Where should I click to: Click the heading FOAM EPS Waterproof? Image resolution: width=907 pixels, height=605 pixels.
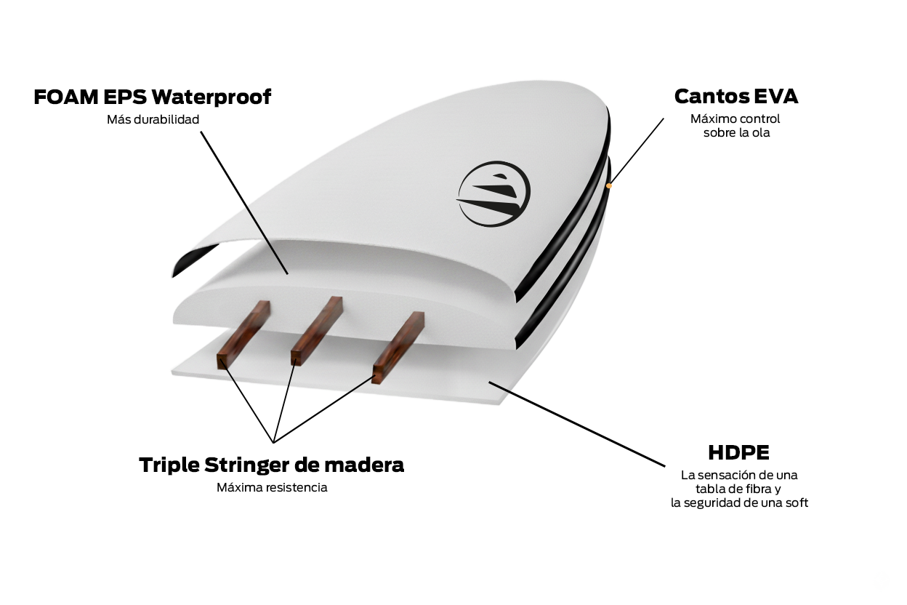click(152, 97)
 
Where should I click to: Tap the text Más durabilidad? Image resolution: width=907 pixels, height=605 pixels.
click(153, 119)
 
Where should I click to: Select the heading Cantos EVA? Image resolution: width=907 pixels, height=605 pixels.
click(736, 97)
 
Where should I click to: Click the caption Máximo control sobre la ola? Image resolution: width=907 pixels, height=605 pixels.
click(735, 126)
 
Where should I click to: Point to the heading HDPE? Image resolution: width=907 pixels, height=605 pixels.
click(738, 452)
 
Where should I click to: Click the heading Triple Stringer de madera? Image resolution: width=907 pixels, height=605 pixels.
click(271, 465)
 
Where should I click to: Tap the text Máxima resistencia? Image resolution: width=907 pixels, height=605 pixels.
click(272, 487)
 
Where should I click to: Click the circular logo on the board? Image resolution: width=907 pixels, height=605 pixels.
click(493, 193)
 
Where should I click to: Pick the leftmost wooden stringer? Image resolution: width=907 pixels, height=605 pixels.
click(243, 334)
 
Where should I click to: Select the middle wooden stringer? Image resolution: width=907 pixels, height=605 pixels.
click(317, 331)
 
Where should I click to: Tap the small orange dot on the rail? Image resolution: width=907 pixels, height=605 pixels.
click(608, 185)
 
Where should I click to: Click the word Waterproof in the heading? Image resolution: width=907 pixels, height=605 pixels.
click(211, 97)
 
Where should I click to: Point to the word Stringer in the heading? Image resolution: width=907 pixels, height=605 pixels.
click(247, 465)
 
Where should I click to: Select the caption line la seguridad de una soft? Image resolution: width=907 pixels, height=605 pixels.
click(739, 503)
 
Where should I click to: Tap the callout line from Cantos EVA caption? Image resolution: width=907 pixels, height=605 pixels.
click(637, 151)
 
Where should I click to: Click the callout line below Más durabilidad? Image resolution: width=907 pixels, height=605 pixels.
click(244, 203)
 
